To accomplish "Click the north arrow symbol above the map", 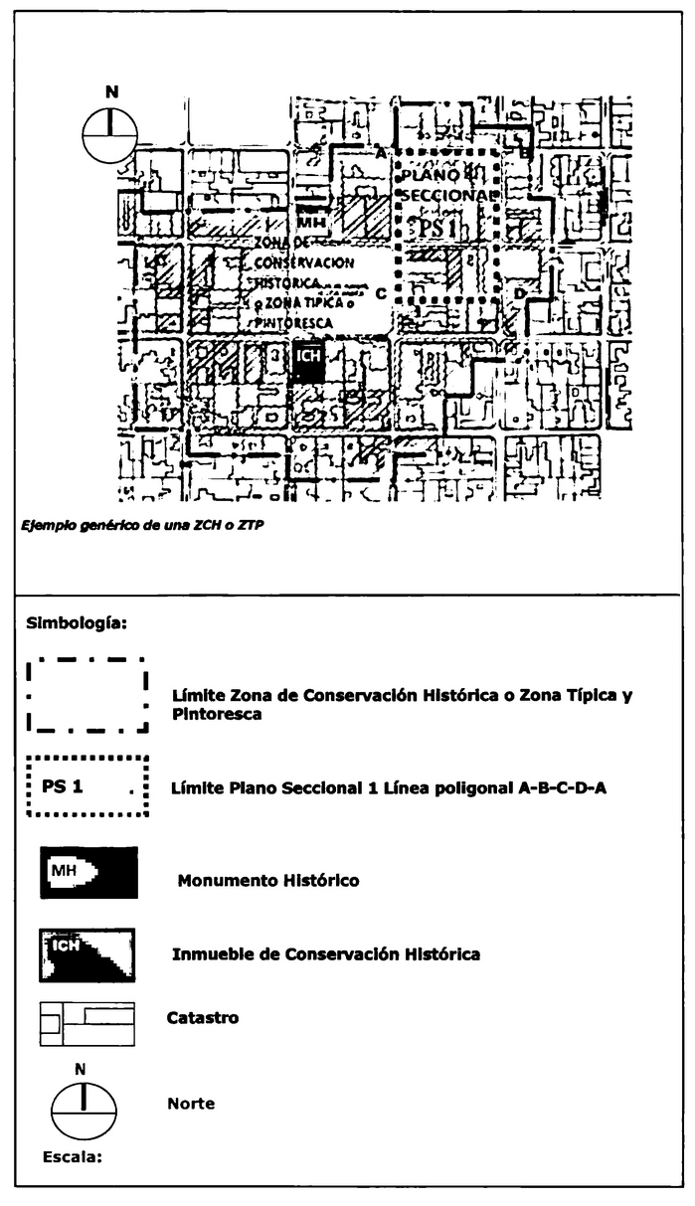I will click(x=110, y=133).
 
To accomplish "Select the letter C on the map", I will click(x=381, y=293).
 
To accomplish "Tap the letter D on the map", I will click(x=518, y=293).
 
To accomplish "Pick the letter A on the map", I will click(x=380, y=152).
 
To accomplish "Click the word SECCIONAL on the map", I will click(x=444, y=196).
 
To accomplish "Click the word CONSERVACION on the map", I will click(x=303, y=262).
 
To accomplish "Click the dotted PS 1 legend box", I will click(x=87, y=786).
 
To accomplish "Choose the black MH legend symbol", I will click(x=88, y=873).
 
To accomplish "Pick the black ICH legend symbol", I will click(x=87, y=955).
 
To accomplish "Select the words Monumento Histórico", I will click(x=267, y=880).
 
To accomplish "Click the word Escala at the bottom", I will click(x=73, y=1157).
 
